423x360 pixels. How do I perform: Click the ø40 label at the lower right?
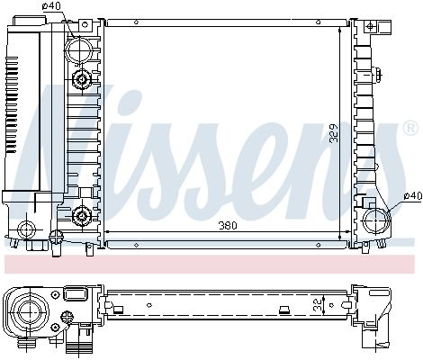coord(412,195)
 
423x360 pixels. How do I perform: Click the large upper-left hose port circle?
coord(82,44)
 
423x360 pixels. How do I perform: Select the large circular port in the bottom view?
coord(27,310)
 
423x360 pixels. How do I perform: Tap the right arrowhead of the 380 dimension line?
coord(347,233)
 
